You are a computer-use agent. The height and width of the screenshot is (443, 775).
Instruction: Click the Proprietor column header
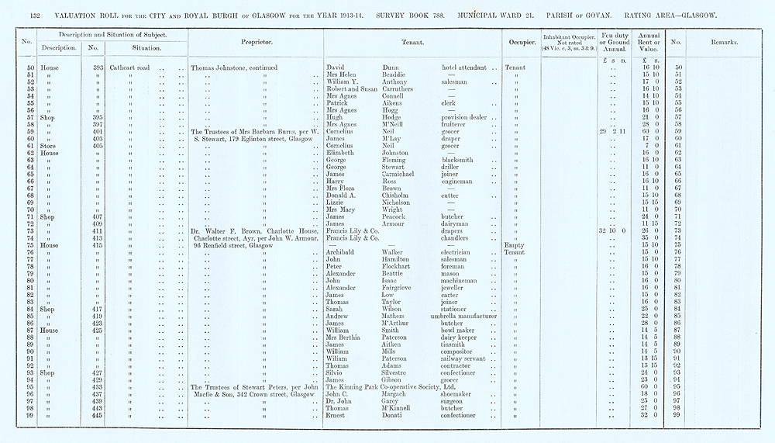[255, 42]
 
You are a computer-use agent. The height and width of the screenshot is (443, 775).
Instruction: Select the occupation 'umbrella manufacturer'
[463, 317]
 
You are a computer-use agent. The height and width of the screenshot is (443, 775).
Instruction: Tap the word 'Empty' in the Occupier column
[515, 245]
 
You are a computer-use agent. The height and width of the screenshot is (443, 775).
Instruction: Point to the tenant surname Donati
[394, 415]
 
